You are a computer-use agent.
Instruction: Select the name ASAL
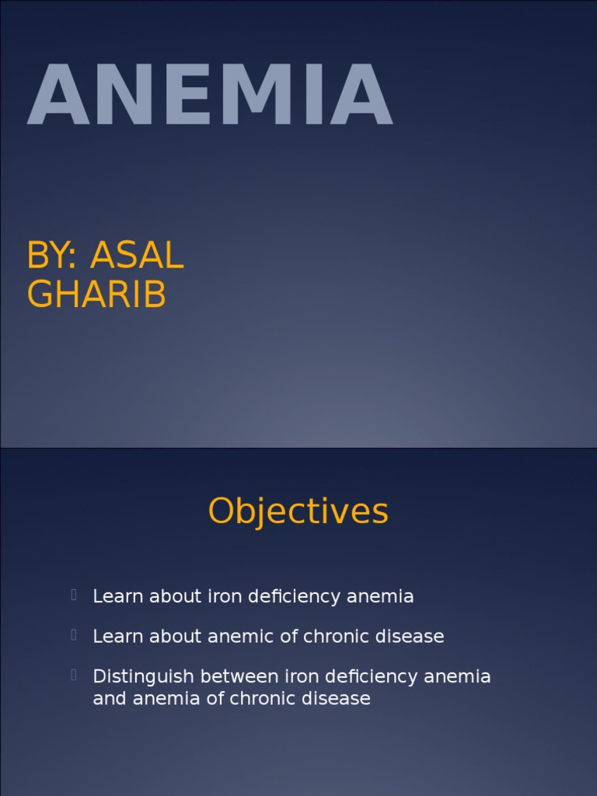[137, 255]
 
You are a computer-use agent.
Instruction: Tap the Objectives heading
[298, 511]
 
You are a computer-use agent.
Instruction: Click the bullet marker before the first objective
[74, 595]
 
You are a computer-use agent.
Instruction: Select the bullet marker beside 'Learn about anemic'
[74, 635]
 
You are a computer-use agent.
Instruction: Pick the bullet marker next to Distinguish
[74, 675]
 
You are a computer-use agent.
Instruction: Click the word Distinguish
[137, 676]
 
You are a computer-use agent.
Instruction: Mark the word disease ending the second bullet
[410, 636]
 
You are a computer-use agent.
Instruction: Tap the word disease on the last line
[336, 698]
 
